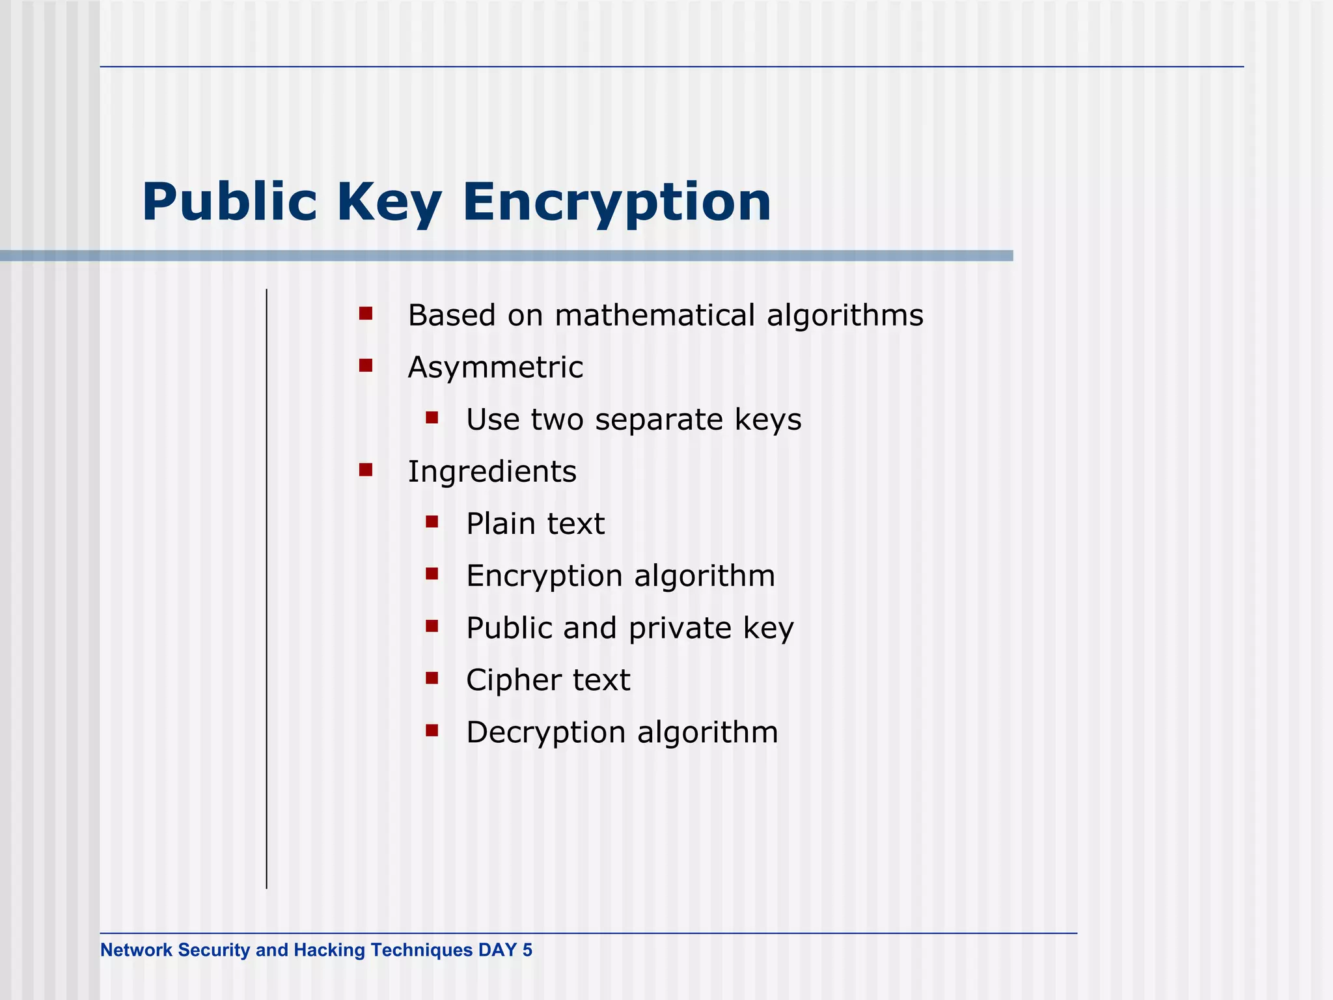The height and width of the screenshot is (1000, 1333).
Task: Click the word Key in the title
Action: tap(389, 203)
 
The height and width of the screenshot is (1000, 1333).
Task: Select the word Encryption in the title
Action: tap(616, 203)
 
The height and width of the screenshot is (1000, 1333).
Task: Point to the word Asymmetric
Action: tap(495, 368)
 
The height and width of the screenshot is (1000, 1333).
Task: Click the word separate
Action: tap(658, 421)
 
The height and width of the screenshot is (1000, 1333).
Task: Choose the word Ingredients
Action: tap(492, 472)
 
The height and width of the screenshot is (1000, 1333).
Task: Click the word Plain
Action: tap(500, 523)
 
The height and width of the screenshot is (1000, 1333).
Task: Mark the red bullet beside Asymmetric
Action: tap(366, 366)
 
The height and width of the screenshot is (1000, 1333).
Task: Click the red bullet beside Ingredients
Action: tap(366, 469)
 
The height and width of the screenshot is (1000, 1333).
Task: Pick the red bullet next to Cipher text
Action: tap(432, 678)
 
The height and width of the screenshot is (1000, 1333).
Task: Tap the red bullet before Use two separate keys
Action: tap(432, 417)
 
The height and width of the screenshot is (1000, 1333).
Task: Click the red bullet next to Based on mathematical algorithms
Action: tap(366, 314)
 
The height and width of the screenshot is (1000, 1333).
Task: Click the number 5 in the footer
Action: tap(527, 951)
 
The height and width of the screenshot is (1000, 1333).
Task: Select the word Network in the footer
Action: tap(136, 951)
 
